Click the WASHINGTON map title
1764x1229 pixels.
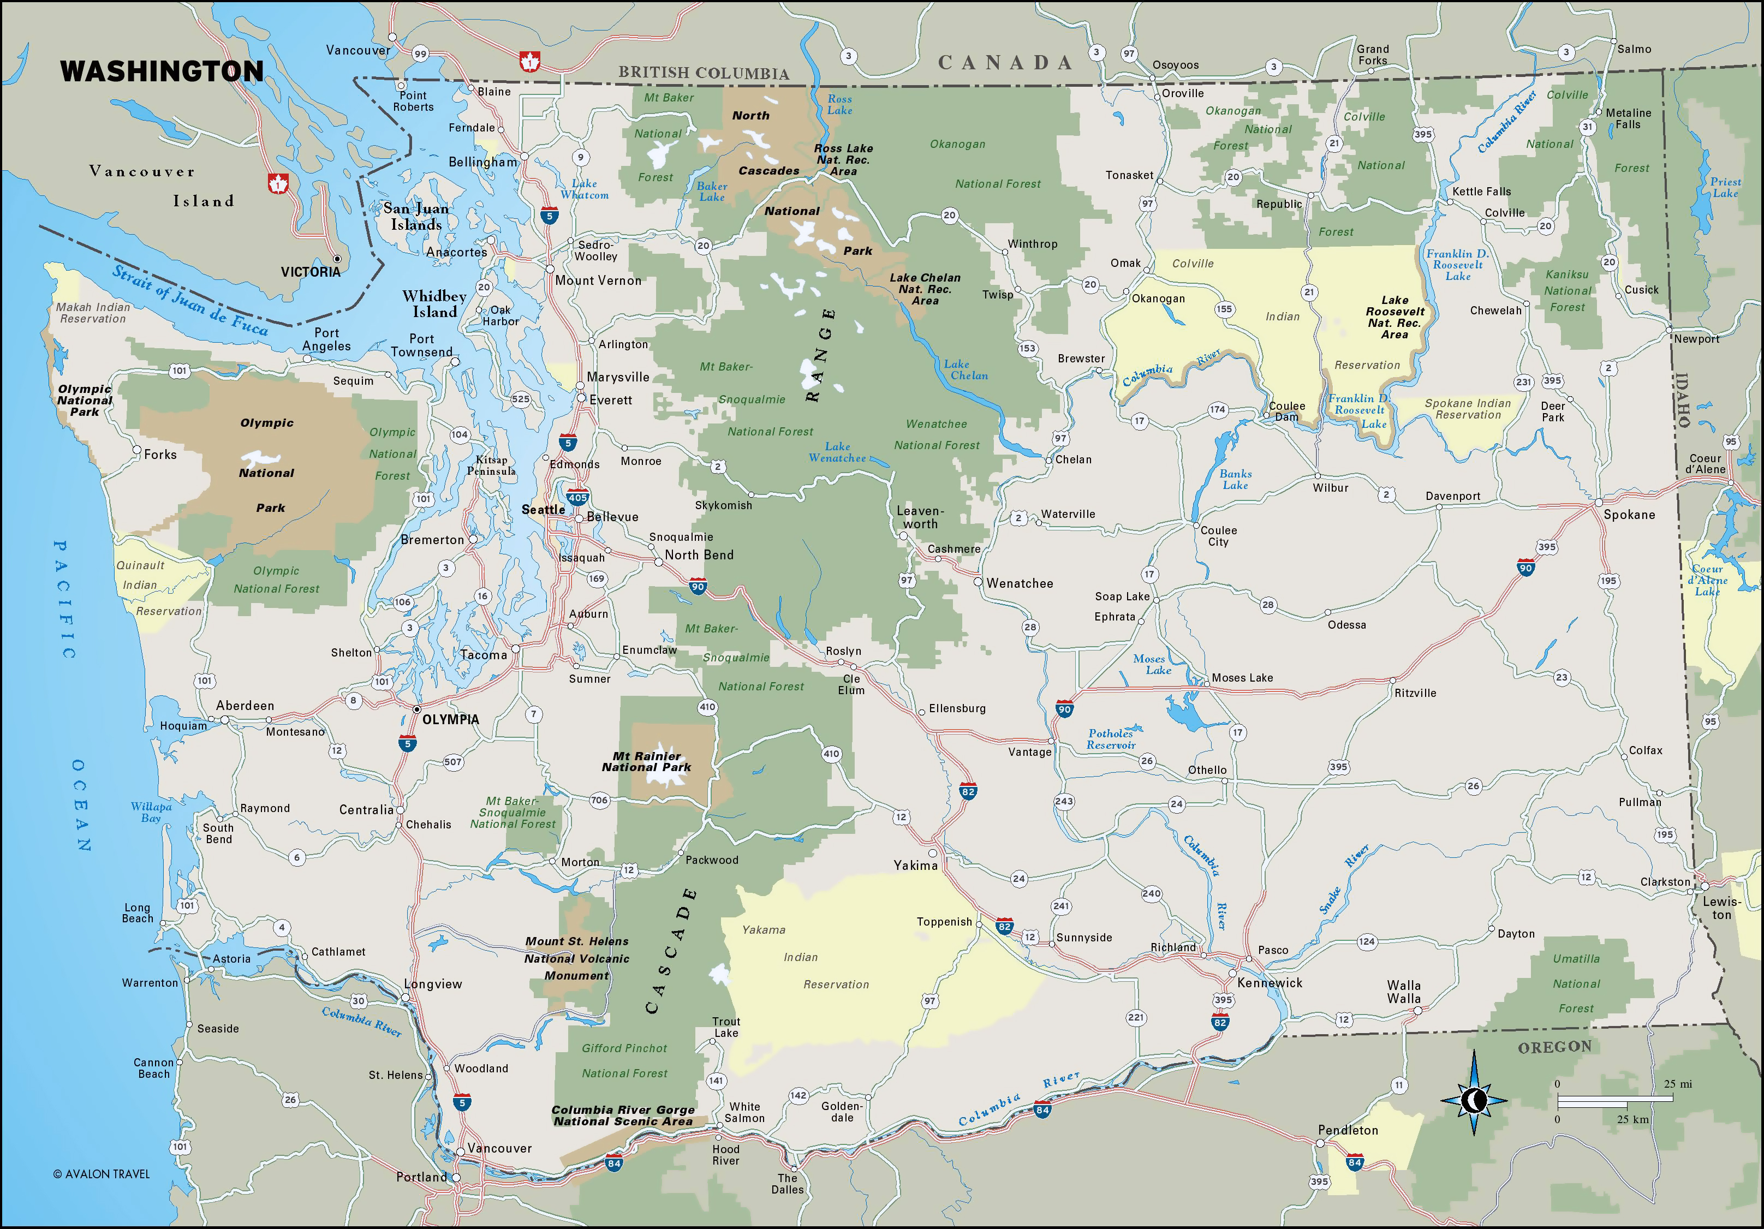click(x=162, y=71)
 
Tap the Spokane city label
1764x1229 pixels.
click(x=1629, y=515)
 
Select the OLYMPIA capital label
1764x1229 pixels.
click(x=450, y=720)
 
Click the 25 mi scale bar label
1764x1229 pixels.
click(x=1678, y=1084)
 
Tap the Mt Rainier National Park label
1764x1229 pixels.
click(x=646, y=762)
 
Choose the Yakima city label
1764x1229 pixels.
click(x=915, y=866)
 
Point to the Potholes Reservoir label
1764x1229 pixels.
click(x=1110, y=739)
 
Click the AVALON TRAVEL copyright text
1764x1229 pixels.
click(x=102, y=1174)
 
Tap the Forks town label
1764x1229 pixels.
click(x=160, y=455)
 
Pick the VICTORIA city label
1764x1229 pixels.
click(x=311, y=272)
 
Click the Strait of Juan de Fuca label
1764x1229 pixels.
click(x=190, y=300)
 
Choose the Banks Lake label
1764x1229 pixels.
click(x=1236, y=479)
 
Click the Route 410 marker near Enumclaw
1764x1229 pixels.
click(x=707, y=707)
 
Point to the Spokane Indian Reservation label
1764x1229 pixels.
click(x=1468, y=409)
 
